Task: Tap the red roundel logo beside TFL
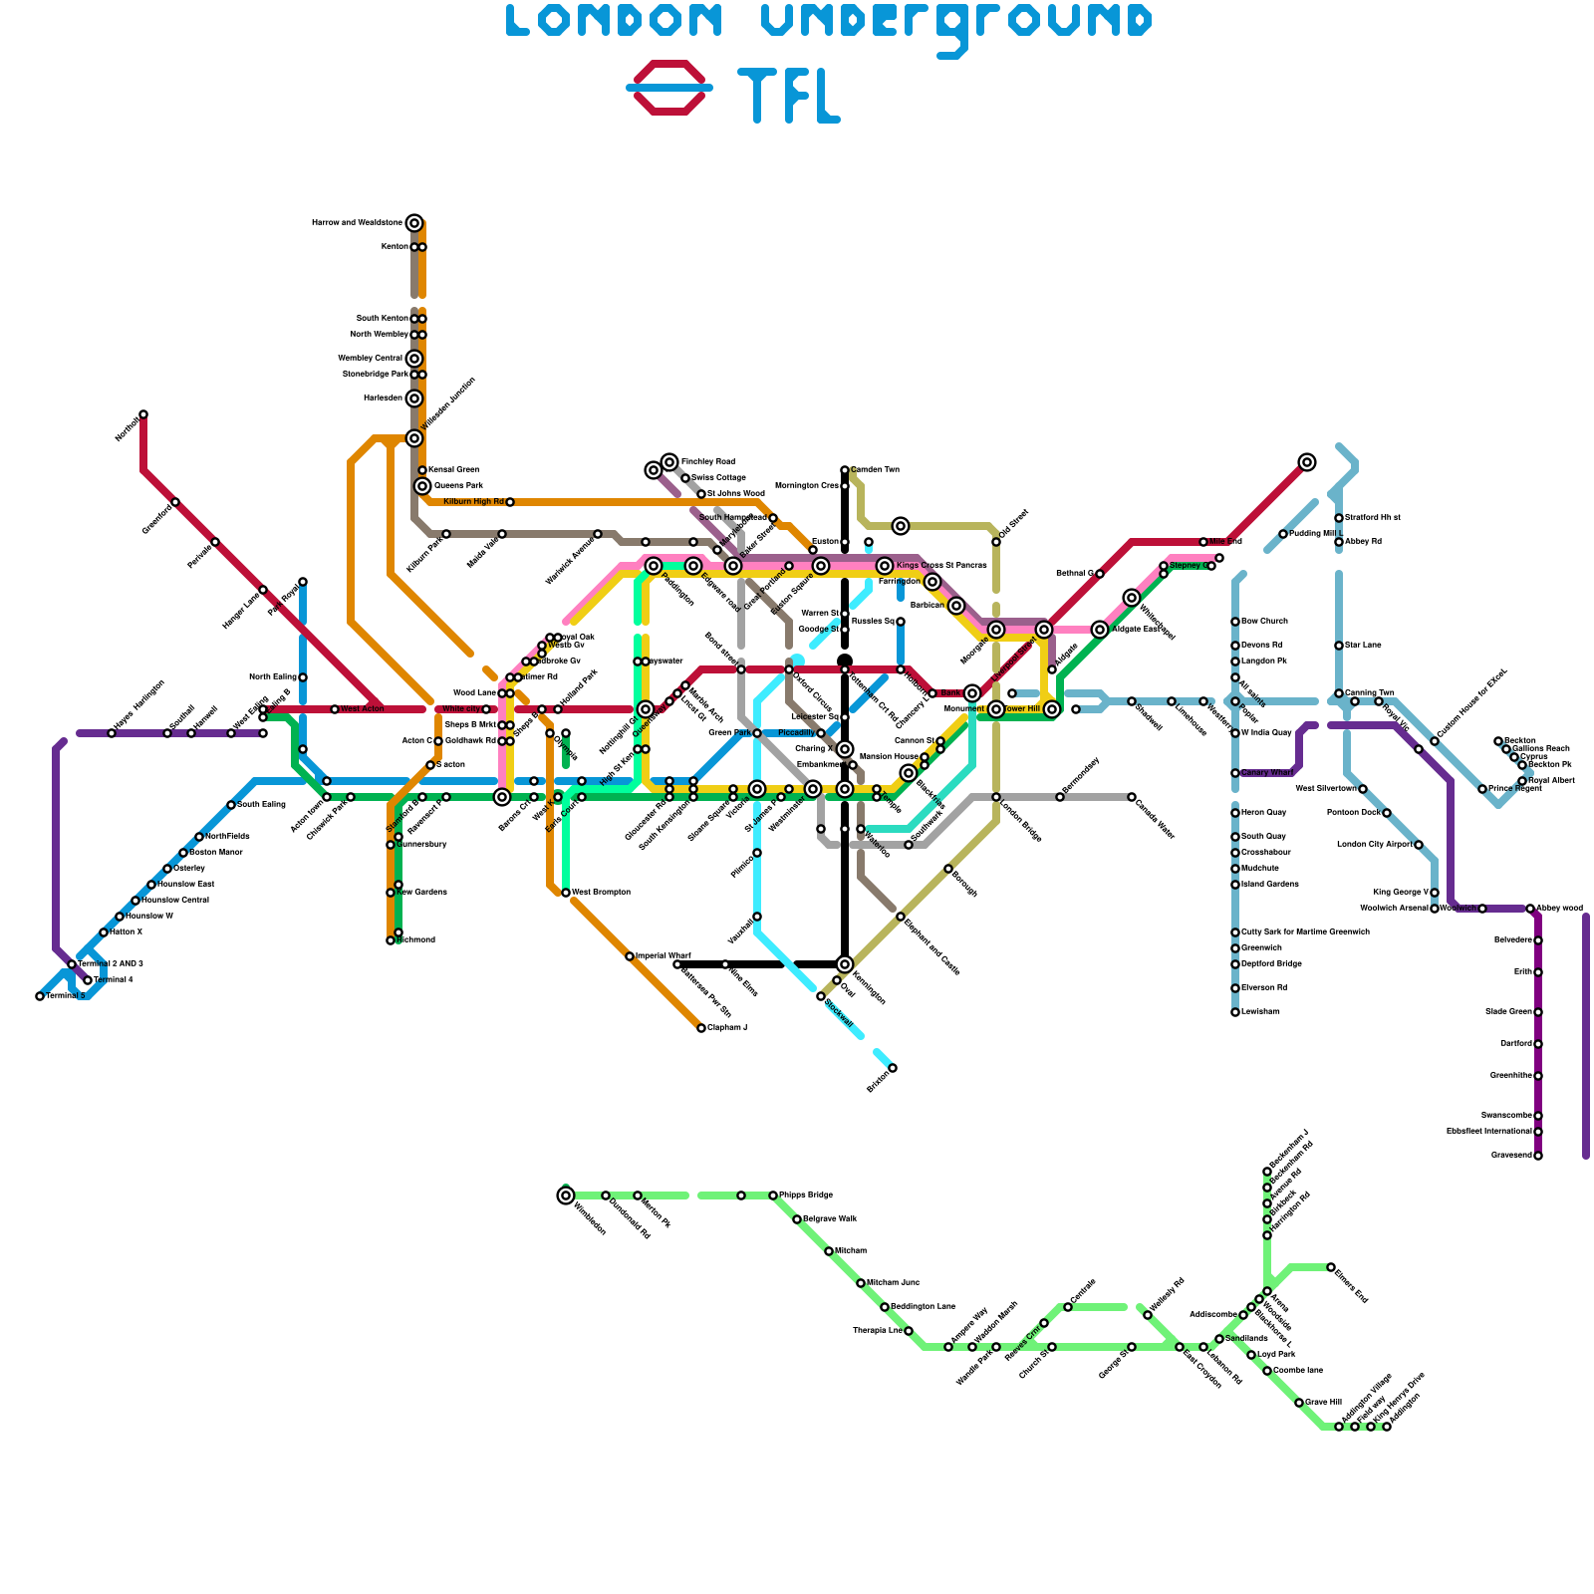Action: point(669,88)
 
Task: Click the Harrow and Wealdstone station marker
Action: point(414,223)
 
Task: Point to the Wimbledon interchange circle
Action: point(566,1195)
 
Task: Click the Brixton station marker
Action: point(893,1068)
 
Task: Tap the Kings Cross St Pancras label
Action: point(941,566)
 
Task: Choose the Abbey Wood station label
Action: point(1559,909)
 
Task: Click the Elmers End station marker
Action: point(1331,1267)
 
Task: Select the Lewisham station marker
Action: point(1235,1012)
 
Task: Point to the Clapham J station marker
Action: point(701,1028)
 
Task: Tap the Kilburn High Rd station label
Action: point(473,502)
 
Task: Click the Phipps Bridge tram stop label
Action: point(805,1195)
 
